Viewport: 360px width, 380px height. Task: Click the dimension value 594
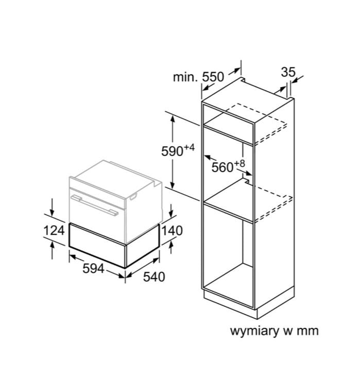(x=93, y=268)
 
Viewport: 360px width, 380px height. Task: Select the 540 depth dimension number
(x=154, y=277)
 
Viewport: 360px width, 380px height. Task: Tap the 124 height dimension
(x=54, y=230)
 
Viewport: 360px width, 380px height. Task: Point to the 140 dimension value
(x=172, y=231)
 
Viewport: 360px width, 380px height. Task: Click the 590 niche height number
(x=172, y=151)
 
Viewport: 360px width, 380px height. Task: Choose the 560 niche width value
(x=222, y=167)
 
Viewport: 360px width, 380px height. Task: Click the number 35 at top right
(x=288, y=72)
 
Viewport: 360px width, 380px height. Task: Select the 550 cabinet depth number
(x=213, y=77)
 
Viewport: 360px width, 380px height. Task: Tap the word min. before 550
(x=185, y=77)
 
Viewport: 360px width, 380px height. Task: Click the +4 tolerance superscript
(x=189, y=147)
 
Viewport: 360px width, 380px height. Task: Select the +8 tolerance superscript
(x=239, y=163)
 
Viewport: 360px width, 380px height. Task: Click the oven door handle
(x=95, y=205)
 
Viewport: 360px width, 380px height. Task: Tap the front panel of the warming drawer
(x=97, y=245)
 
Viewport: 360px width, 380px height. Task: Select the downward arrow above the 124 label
(x=52, y=207)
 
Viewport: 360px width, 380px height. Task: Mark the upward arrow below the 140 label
(x=172, y=247)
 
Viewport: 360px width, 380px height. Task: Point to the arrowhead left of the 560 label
(x=208, y=157)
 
